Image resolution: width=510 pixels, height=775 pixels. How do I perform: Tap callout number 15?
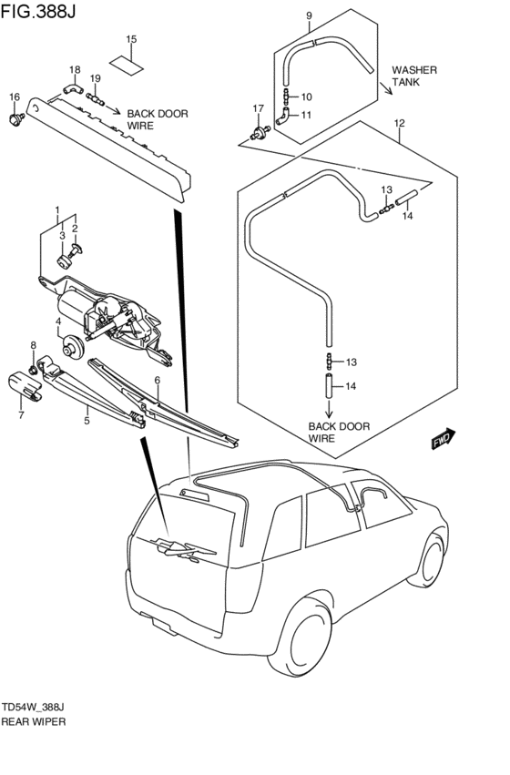coord(131,39)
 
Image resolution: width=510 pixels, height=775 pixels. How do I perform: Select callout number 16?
coord(14,97)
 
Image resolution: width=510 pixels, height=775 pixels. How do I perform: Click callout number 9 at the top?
coord(309,15)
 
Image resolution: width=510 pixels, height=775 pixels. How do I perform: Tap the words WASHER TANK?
coord(414,76)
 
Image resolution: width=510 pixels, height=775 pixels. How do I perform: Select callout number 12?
coord(399,123)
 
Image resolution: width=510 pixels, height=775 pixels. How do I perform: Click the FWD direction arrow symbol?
coord(444,440)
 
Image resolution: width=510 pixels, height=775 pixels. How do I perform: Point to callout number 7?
coord(21,416)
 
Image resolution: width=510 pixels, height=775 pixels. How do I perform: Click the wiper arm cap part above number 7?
coord(31,386)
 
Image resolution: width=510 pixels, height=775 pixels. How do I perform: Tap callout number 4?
coord(57,321)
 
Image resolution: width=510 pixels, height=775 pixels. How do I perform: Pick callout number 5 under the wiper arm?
coord(87,421)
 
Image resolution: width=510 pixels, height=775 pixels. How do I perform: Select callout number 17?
coord(258,108)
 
